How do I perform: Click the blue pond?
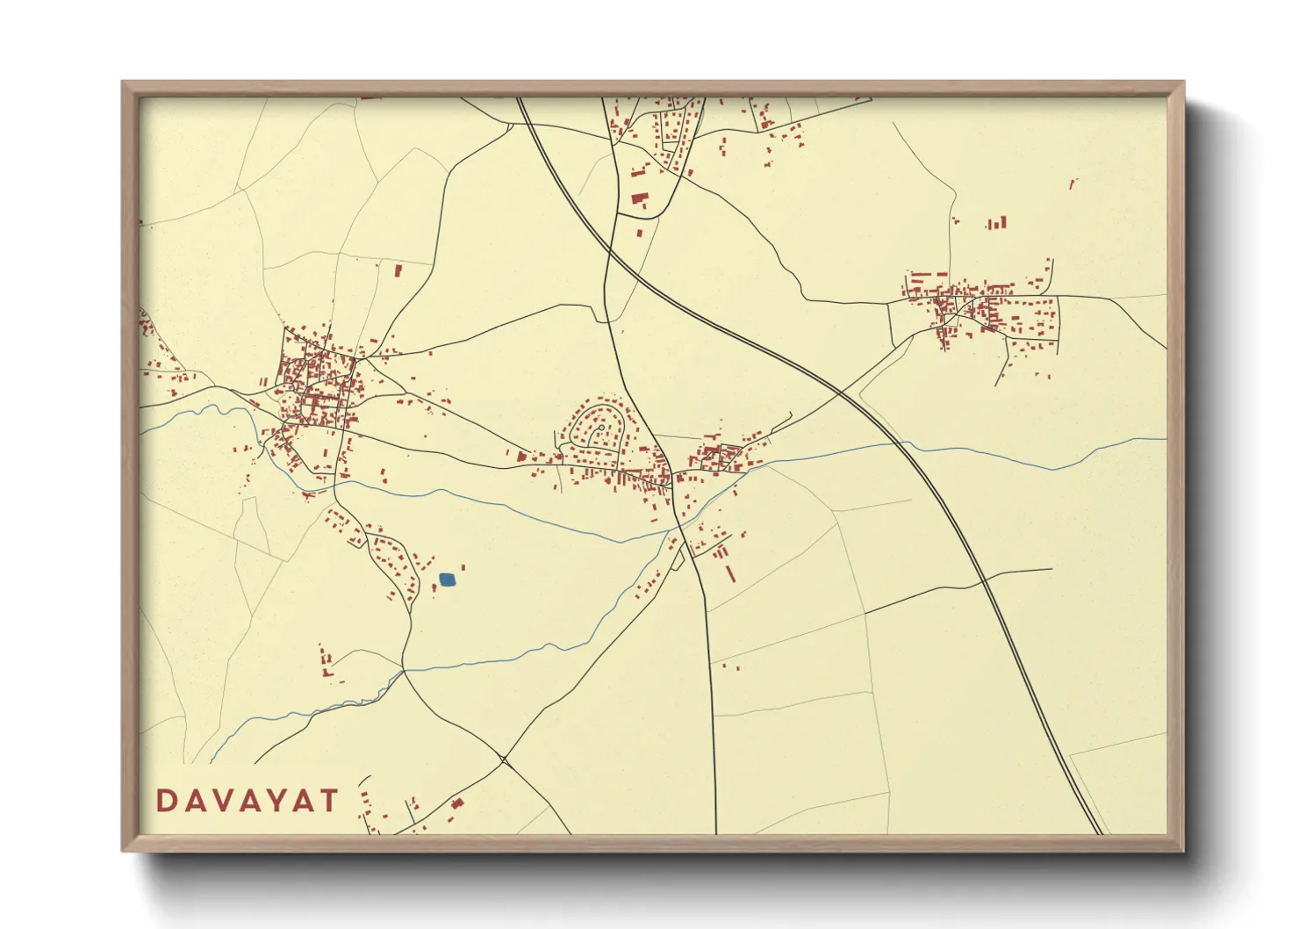point(448,580)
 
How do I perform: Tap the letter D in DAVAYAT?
point(166,801)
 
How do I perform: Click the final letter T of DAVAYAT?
point(328,801)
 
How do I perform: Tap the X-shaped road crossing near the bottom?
point(504,758)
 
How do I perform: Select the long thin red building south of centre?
point(730,573)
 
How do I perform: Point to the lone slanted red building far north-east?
point(1073,184)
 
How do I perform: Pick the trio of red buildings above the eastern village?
point(996,224)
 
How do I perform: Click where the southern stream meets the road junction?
point(404,671)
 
